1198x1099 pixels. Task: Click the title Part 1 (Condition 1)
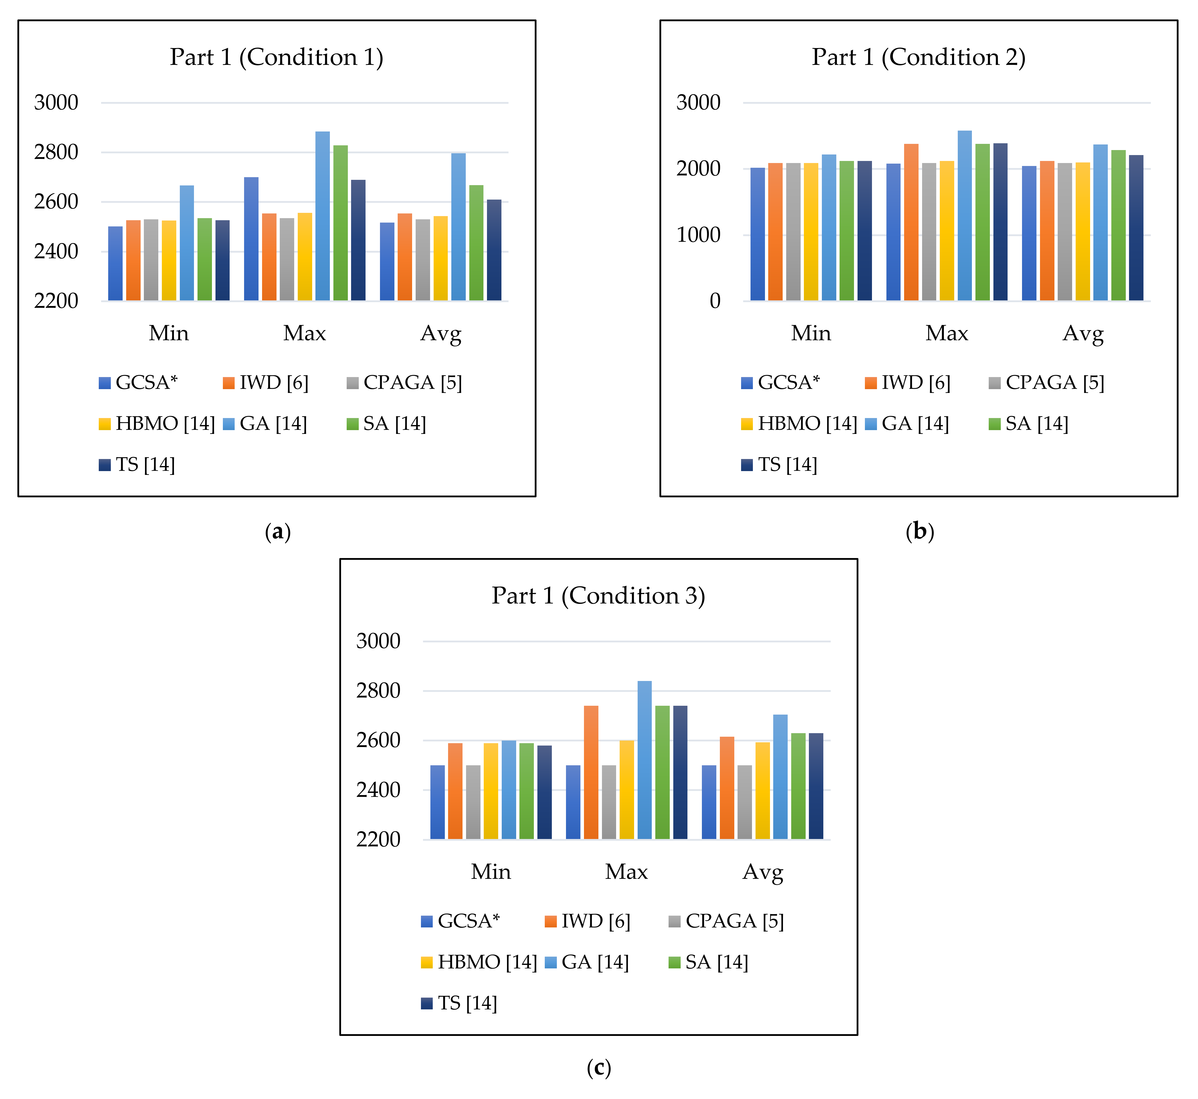[x=277, y=57]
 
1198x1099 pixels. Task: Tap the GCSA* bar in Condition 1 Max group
[x=251, y=239]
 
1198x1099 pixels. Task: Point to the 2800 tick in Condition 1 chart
[x=56, y=152]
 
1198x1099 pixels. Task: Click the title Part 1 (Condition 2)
[x=919, y=57]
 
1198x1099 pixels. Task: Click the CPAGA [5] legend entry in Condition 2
[x=1046, y=382]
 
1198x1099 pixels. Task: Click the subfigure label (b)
[x=920, y=531]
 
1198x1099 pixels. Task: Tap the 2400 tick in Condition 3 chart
[x=378, y=790]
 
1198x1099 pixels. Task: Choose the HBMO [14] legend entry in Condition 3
[x=479, y=962]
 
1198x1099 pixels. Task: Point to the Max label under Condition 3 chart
[x=626, y=872]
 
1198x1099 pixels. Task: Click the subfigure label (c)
[x=599, y=1069]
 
